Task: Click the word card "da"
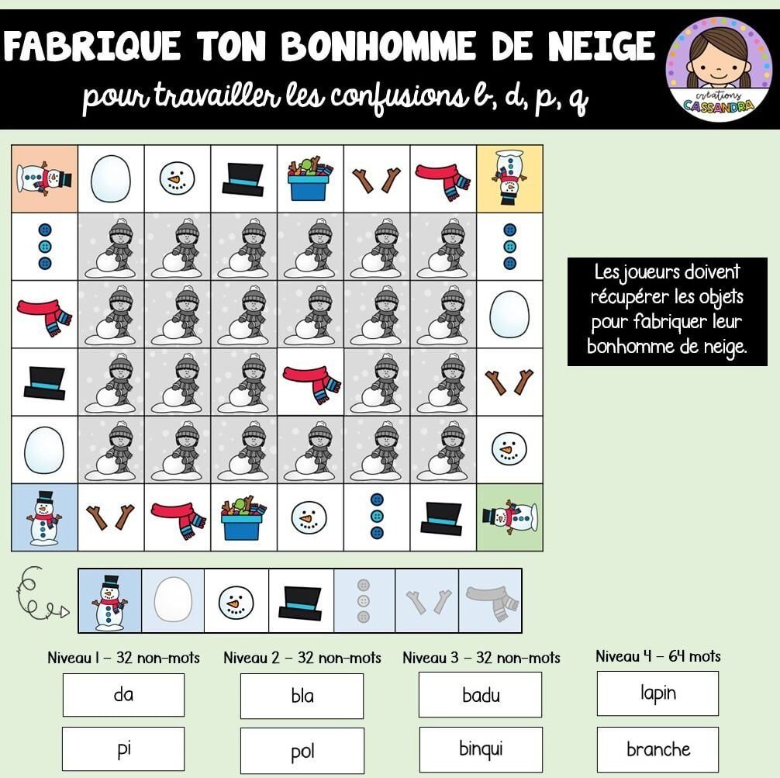123,695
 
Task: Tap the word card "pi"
123,749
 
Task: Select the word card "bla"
302,696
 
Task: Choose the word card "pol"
302,751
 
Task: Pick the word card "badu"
481,695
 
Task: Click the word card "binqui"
481,749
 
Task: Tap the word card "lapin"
657,693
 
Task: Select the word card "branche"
657,749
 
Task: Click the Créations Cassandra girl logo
719,69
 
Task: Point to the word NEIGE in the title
602,46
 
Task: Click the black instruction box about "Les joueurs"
667,312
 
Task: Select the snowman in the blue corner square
44,517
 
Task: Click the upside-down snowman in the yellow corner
509,178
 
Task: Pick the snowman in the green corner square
510,517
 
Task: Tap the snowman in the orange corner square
44,178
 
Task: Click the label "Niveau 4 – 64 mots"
658,656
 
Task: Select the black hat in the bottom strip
300,603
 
